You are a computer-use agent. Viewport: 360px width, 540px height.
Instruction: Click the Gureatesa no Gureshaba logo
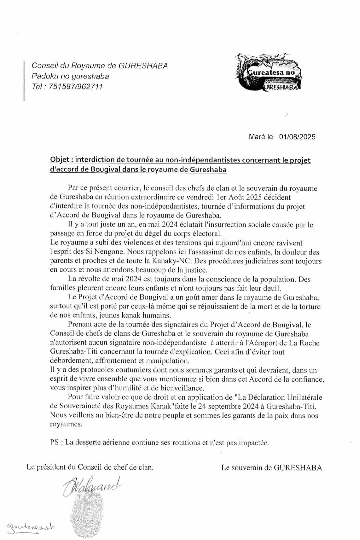[269, 72]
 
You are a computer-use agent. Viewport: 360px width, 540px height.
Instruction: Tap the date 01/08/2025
[297, 137]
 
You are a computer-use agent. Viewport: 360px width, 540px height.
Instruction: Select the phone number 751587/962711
[76, 87]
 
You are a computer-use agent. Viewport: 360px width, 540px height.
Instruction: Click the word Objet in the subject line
[59, 160]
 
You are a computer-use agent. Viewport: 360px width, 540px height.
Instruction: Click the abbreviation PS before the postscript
[55, 443]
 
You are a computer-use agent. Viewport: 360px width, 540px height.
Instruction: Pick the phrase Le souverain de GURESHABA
[271, 468]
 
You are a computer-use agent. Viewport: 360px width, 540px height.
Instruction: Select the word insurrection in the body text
[214, 225]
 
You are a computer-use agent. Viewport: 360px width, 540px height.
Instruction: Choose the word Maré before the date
[256, 137]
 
